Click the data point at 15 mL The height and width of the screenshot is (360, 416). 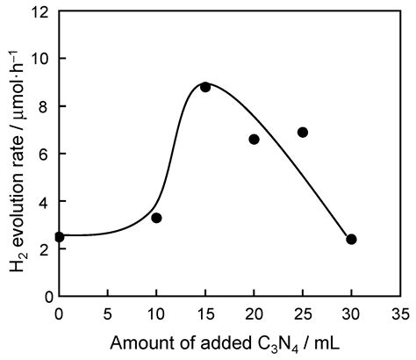pyautogui.click(x=205, y=87)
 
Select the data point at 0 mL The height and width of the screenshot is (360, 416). pyautogui.click(x=59, y=237)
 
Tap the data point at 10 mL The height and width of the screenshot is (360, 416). pyautogui.click(x=156, y=218)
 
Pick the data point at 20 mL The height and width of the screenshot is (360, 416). pyautogui.click(x=254, y=140)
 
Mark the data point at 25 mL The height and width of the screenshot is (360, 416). pyautogui.click(x=303, y=133)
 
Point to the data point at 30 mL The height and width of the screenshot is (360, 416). pyautogui.click(x=351, y=239)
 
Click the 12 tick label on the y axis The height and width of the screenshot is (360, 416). pyautogui.click(x=41, y=11)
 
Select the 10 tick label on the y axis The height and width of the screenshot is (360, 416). pyautogui.click(x=41, y=59)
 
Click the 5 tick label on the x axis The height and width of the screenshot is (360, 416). pyautogui.click(x=108, y=312)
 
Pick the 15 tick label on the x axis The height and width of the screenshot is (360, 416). pyautogui.click(x=205, y=312)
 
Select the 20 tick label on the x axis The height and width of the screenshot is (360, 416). pyautogui.click(x=254, y=312)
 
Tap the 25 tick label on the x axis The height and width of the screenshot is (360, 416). pyautogui.click(x=303, y=312)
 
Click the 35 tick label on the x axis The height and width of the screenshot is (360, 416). pyautogui.click(x=399, y=312)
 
